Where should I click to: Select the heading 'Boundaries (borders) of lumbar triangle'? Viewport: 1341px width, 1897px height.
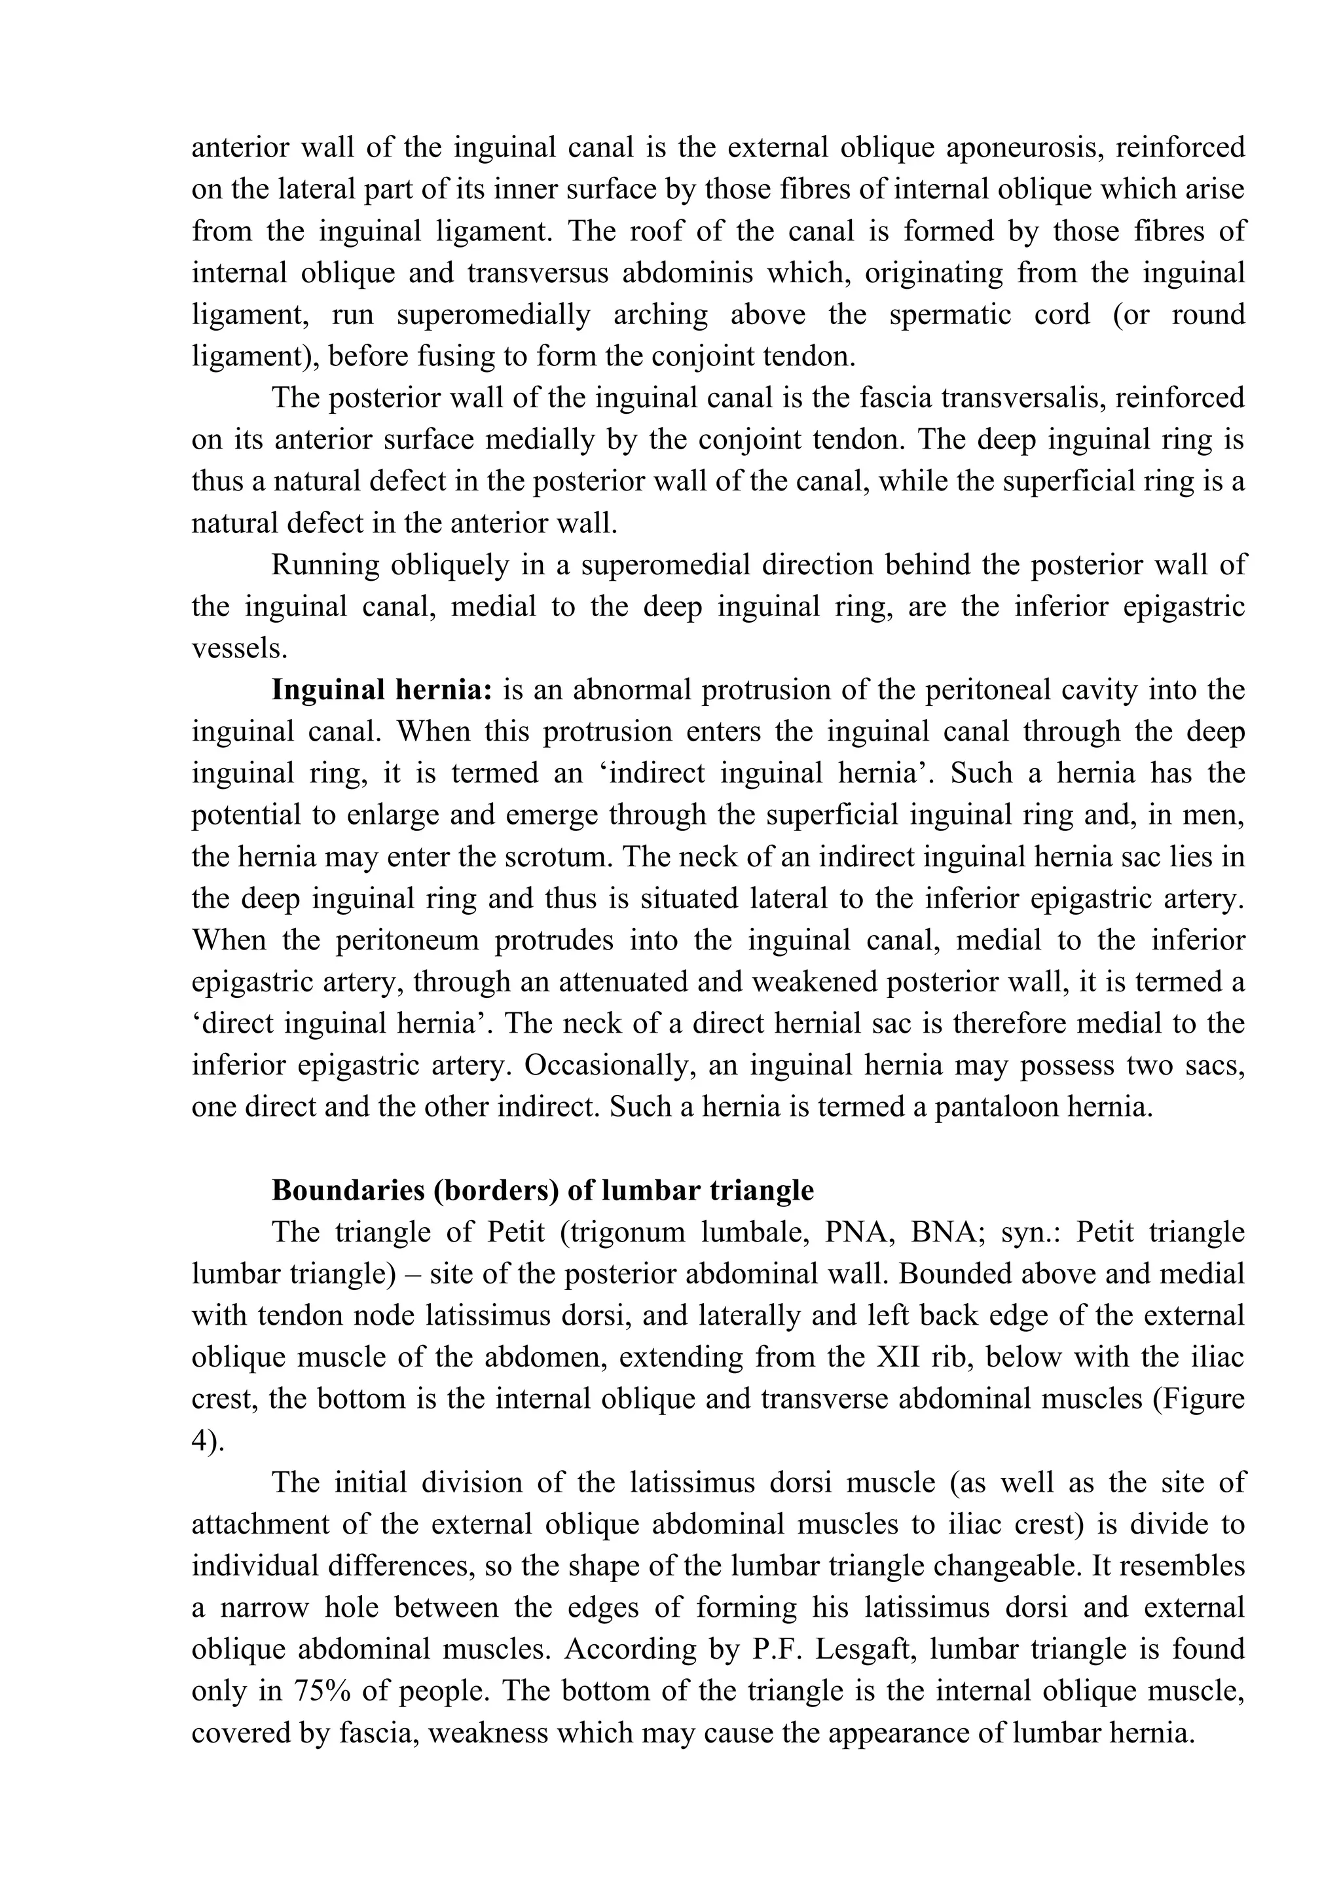[x=542, y=1190]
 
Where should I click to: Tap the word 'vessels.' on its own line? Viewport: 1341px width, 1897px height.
[x=240, y=648]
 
